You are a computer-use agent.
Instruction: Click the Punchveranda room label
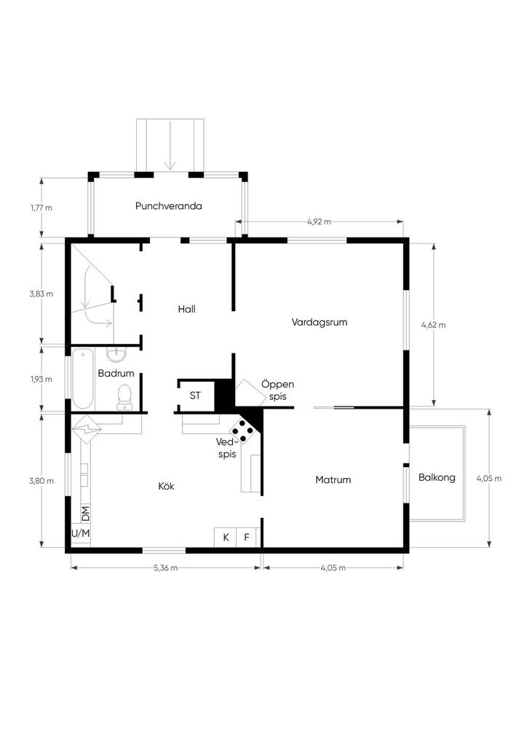tap(169, 206)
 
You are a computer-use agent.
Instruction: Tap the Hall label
tap(187, 309)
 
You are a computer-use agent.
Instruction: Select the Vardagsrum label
tap(320, 322)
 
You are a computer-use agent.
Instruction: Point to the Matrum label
tap(333, 479)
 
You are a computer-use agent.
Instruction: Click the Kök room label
tap(166, 486)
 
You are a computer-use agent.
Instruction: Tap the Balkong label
tap(437, 477)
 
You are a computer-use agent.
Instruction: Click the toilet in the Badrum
tap(125, 397)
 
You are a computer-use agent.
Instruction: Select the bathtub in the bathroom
tap(83, 379)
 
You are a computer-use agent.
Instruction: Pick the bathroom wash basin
tap(116, 355)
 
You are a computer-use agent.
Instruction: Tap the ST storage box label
tap(195, 396)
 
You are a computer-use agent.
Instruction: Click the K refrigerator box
tap(225, 537)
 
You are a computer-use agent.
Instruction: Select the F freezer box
tap(247, 537)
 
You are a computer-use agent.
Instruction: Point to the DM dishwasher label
tap(86, 513)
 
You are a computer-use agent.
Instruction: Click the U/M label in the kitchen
tap(80, 533)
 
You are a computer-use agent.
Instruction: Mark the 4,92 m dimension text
tap(319, 221)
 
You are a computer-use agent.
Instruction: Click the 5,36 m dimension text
tap(166, 568)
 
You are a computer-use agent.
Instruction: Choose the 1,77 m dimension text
tap(41, 208)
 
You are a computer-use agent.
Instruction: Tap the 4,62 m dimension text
tap(433, 325)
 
